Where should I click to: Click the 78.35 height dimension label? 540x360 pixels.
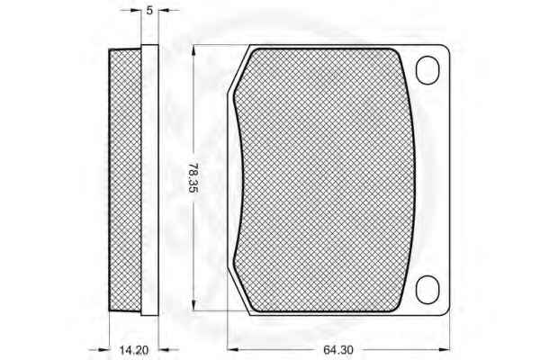click(193, 178)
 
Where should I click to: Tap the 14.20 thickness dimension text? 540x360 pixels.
click(134, 350)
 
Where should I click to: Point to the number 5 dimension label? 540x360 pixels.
click(149, 11)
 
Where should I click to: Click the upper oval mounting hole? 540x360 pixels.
click(427, 70)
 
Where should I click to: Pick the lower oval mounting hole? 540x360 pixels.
click(427, 290)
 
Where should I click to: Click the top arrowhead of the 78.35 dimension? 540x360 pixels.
click(193, 50)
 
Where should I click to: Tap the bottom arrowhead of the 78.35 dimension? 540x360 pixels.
click(193, 305)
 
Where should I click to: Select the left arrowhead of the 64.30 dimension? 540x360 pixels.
click(233, 350)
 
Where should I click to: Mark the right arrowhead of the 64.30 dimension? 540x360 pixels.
click(445, 350)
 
